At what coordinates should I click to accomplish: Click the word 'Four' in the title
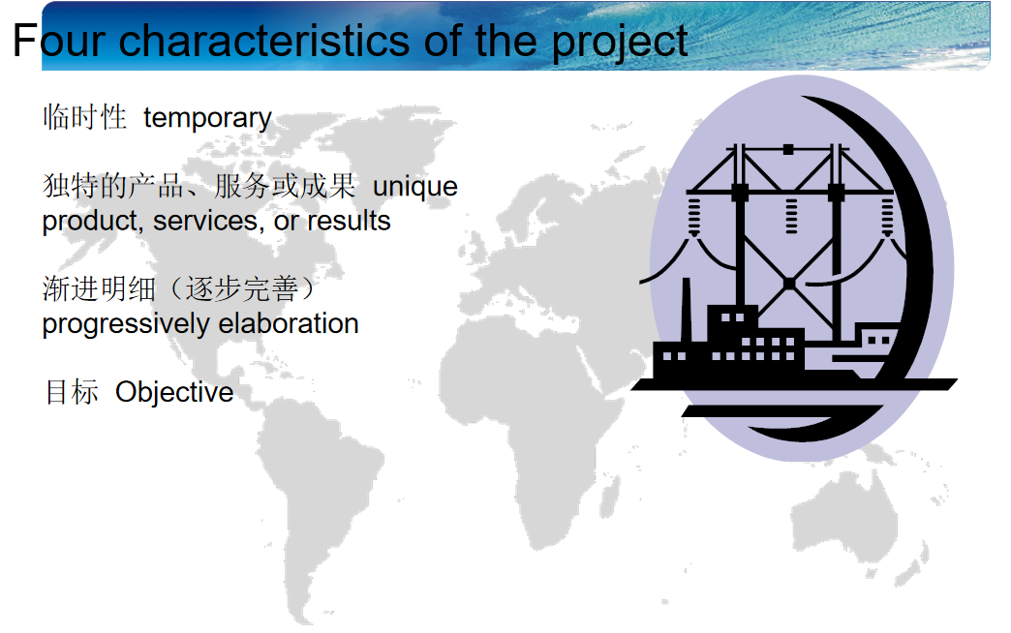pos(59,41)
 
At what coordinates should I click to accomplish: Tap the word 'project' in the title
pos(620,43)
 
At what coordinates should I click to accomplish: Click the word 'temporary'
pos(207,119)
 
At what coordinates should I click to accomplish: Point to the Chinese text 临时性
pos(84,117)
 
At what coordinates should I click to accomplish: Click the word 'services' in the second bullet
pos(208,221)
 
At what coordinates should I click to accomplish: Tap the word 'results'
pos(349,221)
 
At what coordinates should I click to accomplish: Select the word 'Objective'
pos(174,392)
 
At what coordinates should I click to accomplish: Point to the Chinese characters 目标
pos(72,392)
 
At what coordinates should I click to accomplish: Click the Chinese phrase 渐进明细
pos(100,288)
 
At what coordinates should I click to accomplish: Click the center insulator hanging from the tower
pos(791,216)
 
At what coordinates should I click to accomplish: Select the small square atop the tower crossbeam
pos(788,150)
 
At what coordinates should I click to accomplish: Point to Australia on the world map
pos(844,516)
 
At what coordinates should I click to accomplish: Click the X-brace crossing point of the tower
pos(788,284)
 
